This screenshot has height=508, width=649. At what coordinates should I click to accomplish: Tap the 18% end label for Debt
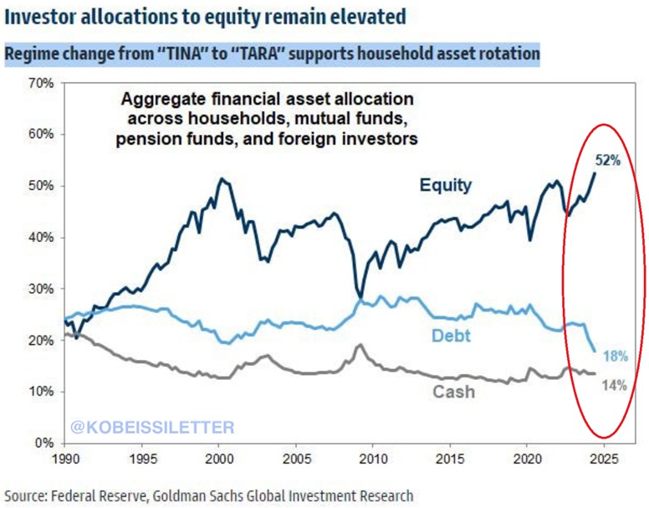click(616, 356)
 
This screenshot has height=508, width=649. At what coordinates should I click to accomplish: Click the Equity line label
click(446, 185)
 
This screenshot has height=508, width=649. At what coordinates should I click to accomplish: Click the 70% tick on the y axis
click(41, 83)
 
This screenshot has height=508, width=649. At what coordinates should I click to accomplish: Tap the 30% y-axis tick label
click(41, 289)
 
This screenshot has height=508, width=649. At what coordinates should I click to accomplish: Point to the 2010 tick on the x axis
click(373, 459)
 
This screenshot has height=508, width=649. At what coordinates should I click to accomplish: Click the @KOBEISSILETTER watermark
click(153, 427)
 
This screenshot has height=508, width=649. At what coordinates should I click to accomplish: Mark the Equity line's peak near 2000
click(221, 178)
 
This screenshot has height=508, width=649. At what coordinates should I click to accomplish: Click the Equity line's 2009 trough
click(360, 296)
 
